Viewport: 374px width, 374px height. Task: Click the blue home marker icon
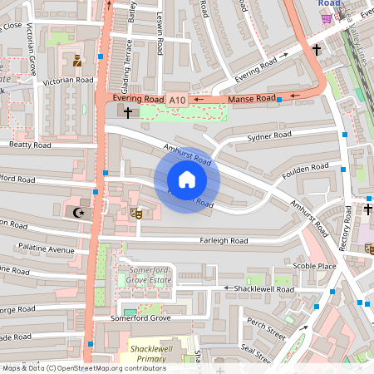[187, 180]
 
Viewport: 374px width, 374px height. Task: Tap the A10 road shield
[177, 100]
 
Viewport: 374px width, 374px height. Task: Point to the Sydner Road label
[269, 135]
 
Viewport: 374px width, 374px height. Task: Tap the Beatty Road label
[30, 145]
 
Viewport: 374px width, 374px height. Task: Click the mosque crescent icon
[81, 213]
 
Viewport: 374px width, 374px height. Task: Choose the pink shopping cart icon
[326, 17]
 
